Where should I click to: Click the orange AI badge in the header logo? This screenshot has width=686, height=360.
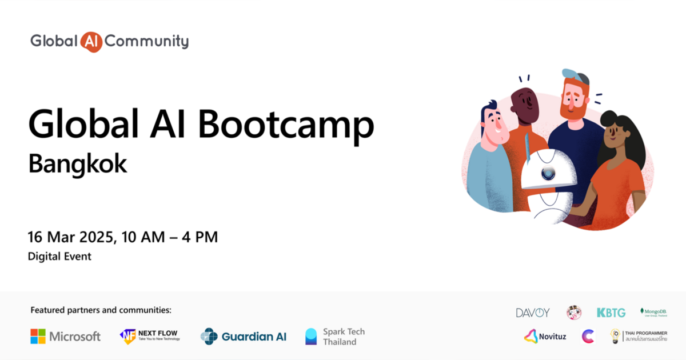91,41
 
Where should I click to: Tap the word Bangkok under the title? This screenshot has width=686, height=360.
77,163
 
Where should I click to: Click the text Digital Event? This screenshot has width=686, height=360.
59,257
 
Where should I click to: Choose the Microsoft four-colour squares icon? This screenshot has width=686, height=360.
38,336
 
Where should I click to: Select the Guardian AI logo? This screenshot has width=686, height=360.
244,336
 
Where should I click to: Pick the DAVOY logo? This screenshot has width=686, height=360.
532,313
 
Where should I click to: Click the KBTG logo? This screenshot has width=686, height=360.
611,313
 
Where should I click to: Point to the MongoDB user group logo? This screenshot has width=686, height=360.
653,312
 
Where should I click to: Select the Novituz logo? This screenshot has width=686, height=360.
545,337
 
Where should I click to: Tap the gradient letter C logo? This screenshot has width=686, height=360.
588,337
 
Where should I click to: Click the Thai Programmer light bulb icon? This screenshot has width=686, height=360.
615,336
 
